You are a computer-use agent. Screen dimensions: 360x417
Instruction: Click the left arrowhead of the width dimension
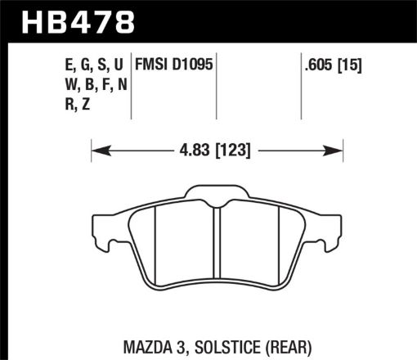coord(96,150)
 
